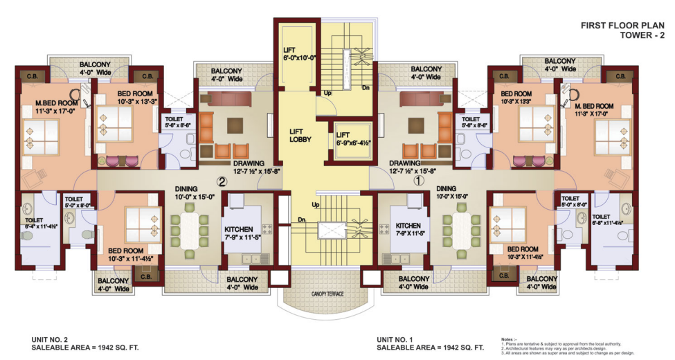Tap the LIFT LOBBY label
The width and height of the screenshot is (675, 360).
pos(300,135)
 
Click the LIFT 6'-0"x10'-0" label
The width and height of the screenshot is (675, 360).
pos(298,55)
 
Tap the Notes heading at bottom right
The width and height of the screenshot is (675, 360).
pos(509,339)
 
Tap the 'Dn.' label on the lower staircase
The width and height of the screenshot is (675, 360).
pos(303,220)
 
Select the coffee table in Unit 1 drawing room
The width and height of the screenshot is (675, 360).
pos(416,125)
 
